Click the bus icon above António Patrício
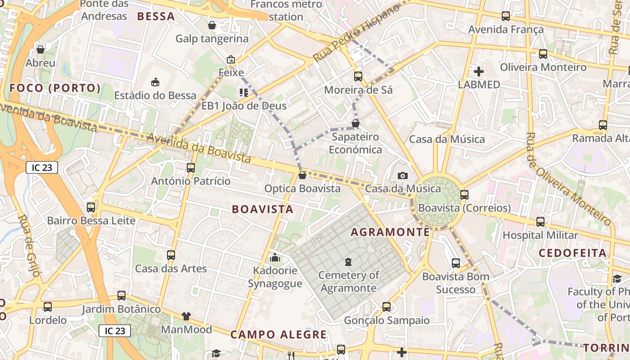coord(191,168)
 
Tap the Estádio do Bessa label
coord(155,95)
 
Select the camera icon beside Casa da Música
coord(403,175)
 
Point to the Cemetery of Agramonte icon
coord(348,261)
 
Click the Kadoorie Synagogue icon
coord(274,258)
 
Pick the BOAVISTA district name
coord(262,209)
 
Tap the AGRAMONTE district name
coord(390,232)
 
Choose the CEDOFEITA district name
coord(573,253)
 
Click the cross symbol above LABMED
coord(479,72)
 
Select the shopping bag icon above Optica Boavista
coord(302,175)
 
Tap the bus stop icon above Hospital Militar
coord(540,222)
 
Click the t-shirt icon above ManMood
coord(186,316)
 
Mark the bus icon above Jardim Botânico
coord(121,296)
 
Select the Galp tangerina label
coord(212,39)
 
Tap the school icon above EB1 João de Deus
coord(244,93)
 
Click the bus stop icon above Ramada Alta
coord(603,125)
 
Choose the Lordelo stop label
coord(48,320)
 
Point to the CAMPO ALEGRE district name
coord(279,335)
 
